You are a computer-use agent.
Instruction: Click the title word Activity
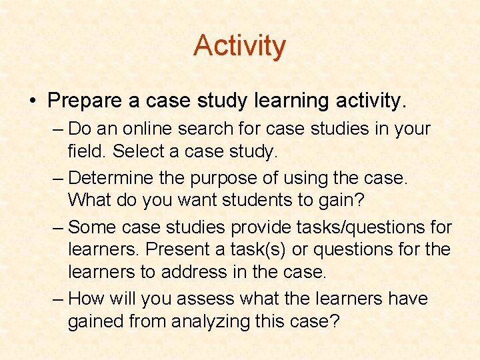coord(239,46)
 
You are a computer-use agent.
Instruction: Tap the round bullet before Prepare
coord(32,101)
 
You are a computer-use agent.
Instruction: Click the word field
coord(87,151)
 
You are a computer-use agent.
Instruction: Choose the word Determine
coord(112,178)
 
